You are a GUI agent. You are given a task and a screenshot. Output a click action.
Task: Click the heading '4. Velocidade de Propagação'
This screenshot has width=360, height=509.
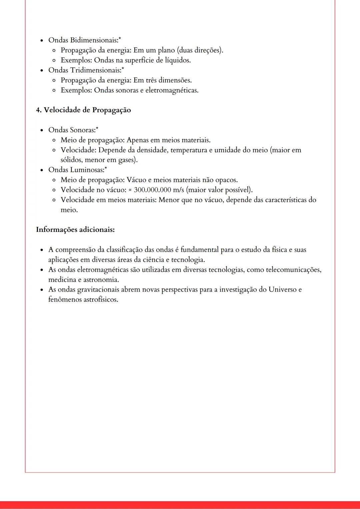(x=83, y=110)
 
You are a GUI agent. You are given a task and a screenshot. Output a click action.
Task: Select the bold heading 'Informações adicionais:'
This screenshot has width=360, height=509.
(x=75, y=230)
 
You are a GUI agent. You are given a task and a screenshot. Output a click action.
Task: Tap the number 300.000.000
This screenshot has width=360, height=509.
(x=152, y=190)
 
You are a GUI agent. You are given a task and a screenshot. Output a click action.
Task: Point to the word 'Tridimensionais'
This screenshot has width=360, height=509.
(x=95, y=70)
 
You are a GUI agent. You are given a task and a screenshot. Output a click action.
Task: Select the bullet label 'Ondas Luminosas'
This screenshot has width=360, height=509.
(x=75, y=170)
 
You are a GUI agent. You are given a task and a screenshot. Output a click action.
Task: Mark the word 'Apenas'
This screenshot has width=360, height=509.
(x=138, y=140)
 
